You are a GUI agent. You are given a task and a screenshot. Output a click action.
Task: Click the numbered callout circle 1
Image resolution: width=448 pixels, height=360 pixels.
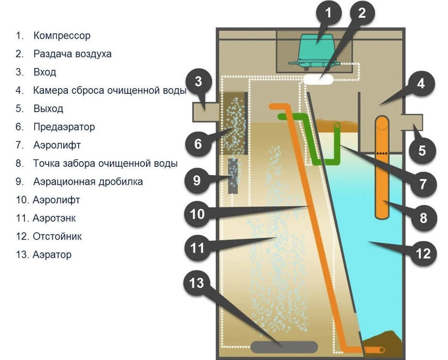pos(329,13)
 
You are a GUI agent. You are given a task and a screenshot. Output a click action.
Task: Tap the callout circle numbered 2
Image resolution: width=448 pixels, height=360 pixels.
pos(362,13)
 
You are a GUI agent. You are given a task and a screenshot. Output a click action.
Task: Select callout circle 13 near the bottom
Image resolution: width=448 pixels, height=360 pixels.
pos(197,283)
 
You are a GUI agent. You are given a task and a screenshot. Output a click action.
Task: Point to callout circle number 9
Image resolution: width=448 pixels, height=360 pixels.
pos(197,180)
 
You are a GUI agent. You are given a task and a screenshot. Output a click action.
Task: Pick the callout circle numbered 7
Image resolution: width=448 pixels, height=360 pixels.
pos(423,183)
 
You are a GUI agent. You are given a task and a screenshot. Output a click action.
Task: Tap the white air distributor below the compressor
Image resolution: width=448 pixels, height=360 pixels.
pos(319,79)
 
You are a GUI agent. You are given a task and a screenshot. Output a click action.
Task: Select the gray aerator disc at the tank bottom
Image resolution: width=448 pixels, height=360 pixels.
pos(284,347)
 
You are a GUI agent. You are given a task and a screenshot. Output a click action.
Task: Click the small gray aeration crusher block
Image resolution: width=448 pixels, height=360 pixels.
pos(234,176)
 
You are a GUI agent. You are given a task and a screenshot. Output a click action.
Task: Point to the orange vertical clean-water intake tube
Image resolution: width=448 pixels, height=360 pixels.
pos(381,166)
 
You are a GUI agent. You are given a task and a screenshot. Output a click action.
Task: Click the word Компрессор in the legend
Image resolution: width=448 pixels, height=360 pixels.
pos(62,36)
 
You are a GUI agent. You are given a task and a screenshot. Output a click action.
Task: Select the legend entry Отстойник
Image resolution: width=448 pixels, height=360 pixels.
pos(57,237)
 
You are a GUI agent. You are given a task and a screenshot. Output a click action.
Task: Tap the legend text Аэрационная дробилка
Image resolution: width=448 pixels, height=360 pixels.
pos(88,182)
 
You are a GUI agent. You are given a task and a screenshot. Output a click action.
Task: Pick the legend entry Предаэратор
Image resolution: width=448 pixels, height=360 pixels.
pos(64,127)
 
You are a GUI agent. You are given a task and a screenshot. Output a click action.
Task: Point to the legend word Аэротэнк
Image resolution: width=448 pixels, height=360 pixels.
pos(54,218)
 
